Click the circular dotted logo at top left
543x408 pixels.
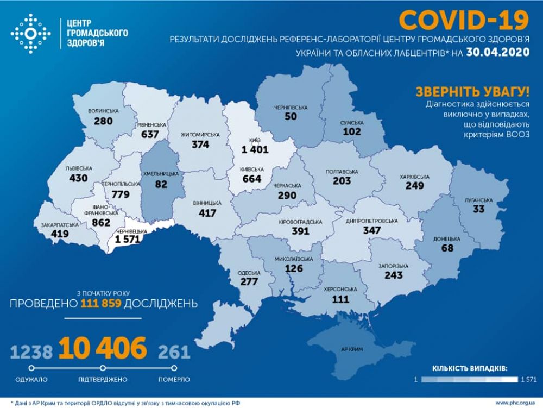tap(30, 34)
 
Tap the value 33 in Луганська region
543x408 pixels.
tap(479, 210)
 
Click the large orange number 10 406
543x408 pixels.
tap(103, 348)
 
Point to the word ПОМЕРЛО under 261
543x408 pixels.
tap(174, 379)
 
